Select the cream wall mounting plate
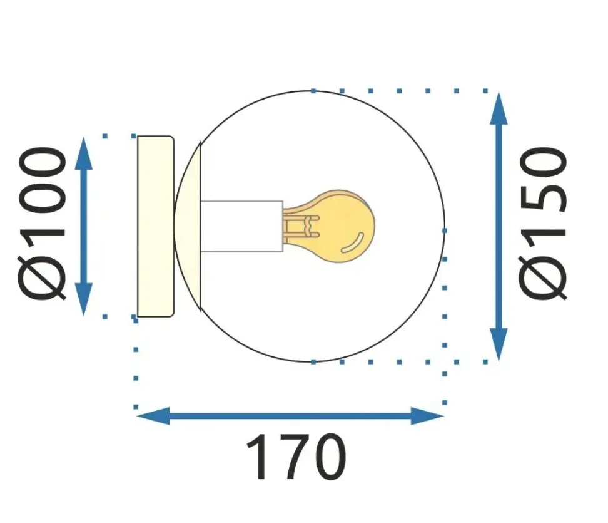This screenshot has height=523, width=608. point(155,226)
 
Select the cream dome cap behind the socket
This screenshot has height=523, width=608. point(188,226)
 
